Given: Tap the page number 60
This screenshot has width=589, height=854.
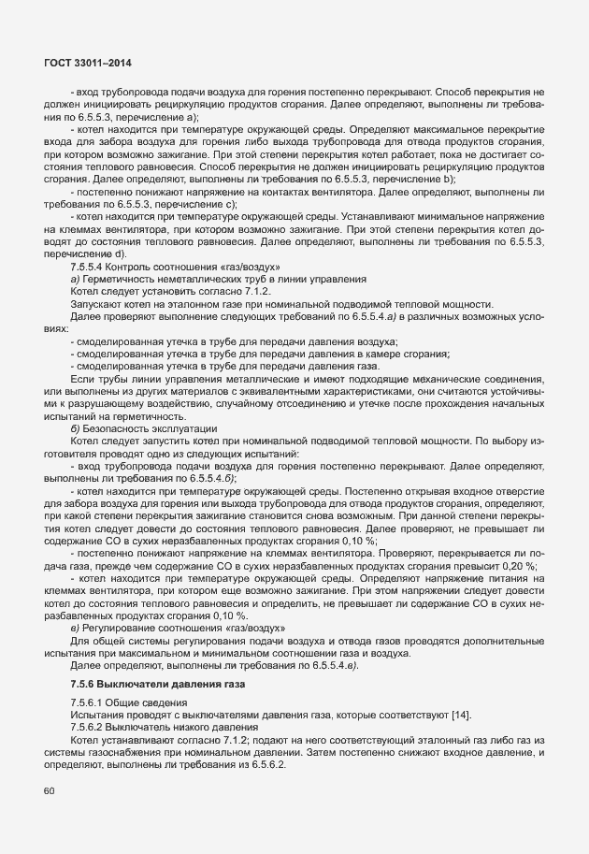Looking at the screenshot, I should (49, 792).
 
